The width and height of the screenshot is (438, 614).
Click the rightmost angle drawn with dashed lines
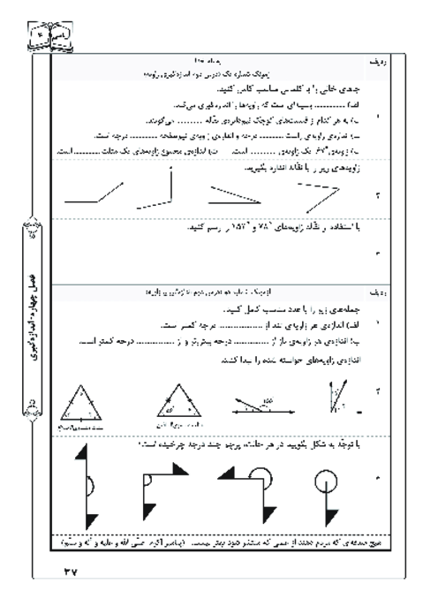click(x=321, y=195)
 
